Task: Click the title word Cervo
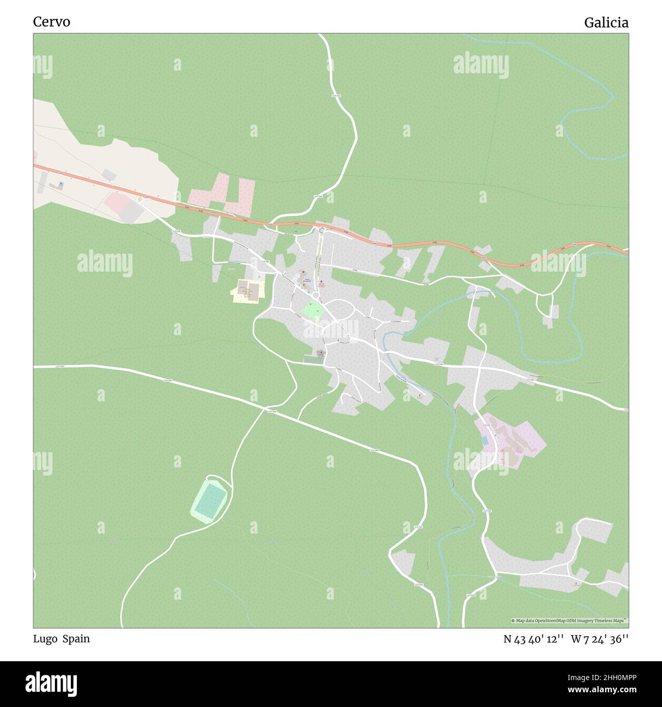[51, 22]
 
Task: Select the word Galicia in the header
[606, 23]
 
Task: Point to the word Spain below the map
[76, 639]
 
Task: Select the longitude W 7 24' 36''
[600, 639]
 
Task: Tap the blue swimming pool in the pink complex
[485, 441]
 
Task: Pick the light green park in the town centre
[312, 310]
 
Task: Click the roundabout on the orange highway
[321, 230]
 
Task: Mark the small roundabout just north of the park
[316, 296]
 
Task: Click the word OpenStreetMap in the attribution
[547, 621]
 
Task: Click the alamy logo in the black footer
[51, 683]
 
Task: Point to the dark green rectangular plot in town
[312, 360]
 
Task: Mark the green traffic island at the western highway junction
[139, 198]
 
